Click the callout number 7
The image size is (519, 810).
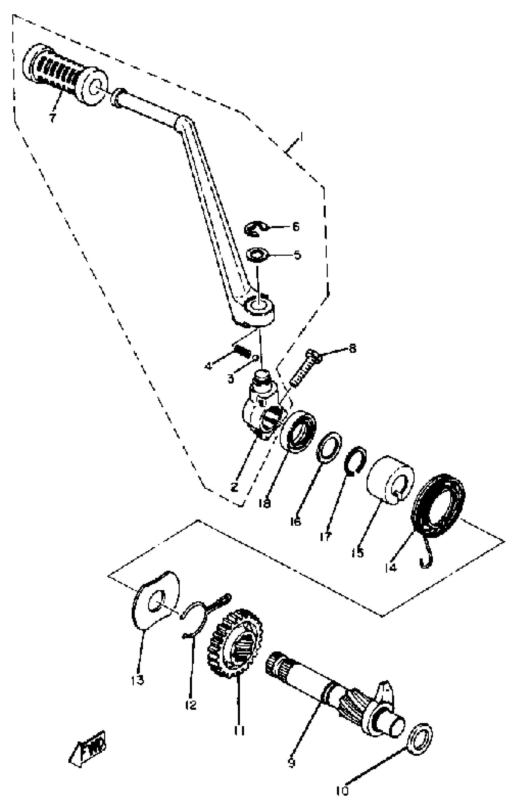tap(52, 118)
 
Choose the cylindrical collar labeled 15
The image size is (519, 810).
tap(390, 480)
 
